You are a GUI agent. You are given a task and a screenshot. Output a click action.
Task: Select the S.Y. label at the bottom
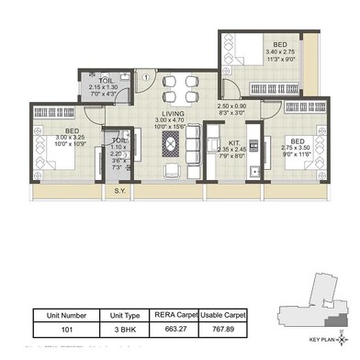click(119, 191)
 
